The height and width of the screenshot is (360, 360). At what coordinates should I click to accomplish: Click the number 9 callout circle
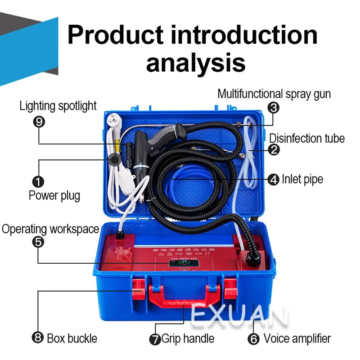coord(39,122)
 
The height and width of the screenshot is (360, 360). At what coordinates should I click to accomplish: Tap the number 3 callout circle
coord(273,108)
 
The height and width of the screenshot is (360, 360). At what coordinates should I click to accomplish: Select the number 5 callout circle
coord(39,242)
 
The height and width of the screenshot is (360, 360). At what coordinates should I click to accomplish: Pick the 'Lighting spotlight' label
coord(58,106)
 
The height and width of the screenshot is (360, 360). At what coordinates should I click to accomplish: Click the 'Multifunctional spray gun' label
coord(274,94)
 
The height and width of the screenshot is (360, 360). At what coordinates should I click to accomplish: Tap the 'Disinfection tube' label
coord(307,138)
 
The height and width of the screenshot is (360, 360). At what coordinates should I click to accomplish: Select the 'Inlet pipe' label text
coord(302,179)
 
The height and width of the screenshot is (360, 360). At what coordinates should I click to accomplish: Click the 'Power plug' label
coord(54,195)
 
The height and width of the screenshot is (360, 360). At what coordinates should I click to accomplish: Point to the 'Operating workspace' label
coord(50,229)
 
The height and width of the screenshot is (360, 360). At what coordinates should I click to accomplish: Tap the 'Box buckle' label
coord(72,338)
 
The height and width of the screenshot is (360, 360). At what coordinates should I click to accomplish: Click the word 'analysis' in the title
coord(196,62)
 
